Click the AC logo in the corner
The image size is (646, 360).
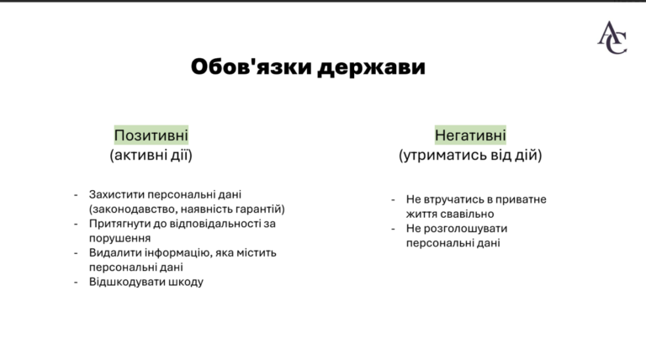[612, 38]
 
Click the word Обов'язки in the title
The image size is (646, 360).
[251, 66]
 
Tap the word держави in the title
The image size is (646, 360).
[371, 67]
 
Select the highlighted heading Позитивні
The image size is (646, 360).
[151, 135]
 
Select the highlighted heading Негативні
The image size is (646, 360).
[470, 135]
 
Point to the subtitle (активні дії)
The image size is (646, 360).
[151, 156]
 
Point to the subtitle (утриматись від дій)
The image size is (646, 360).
[470, 156]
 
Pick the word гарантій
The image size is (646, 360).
[260, 209]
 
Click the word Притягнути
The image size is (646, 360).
[120, 224]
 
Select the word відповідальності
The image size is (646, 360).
[213, 224]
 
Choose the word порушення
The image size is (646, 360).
[120, 239]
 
